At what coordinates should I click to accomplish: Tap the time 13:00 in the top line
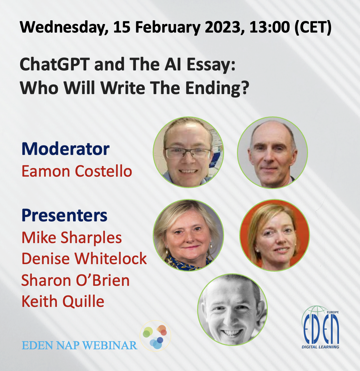(270, 27)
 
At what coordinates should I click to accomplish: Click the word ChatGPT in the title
(55, 64)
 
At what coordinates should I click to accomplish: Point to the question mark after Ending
(245, 87)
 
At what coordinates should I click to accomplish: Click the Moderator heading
(65, 149)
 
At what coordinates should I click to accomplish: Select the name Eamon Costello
(77, 171)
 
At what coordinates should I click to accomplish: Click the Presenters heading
(64, 215)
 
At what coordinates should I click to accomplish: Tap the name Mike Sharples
(71, 237)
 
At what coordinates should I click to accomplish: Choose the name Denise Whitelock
(84, 259)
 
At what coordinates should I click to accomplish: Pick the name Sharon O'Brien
(75, 280)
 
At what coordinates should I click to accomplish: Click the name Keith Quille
(63, 301)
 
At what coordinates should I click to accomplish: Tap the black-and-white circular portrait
(232, 309)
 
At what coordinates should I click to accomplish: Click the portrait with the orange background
(274, 235)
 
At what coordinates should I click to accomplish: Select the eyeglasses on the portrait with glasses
(188, 153)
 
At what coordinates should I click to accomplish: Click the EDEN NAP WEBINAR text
(79, 346)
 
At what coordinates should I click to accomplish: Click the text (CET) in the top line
(313, 27)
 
